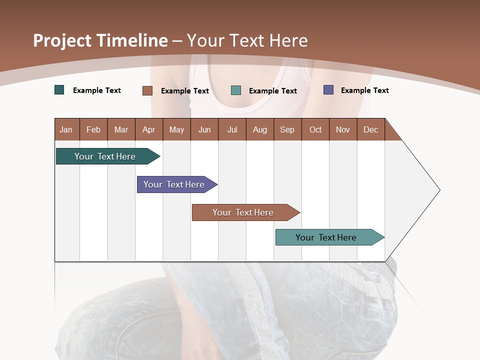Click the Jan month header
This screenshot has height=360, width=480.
point(66,129)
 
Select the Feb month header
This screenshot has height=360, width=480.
point(93,129)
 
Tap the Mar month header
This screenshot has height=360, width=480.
point(121,129)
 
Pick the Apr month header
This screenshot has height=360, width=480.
point(149,129)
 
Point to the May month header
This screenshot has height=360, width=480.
point(176,129)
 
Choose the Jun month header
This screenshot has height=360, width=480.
point(204,129)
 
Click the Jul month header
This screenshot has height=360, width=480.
point(232,129)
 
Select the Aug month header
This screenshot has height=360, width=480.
point(260,129)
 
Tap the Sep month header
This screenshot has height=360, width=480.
point(287,129)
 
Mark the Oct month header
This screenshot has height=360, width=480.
point(315,129)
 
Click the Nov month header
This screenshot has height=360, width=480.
point(343,129)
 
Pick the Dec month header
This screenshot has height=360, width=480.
point(371,129)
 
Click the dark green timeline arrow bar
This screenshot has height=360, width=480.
point(105,156)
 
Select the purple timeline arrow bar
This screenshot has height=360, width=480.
point(174,184)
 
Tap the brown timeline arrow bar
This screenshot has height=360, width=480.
point(243,212)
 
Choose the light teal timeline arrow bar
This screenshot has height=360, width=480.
point(326,237)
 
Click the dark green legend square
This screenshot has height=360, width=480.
point(59,90)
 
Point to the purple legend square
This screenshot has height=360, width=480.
point(328,90)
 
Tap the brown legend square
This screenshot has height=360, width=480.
point(147,90)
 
